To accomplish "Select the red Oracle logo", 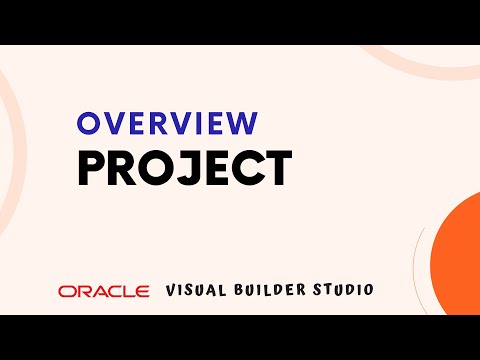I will pos(103,291).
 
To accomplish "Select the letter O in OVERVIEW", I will pos(89,124).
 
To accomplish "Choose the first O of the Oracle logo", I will pos(66,291).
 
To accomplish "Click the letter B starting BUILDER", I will pos(235,290).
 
